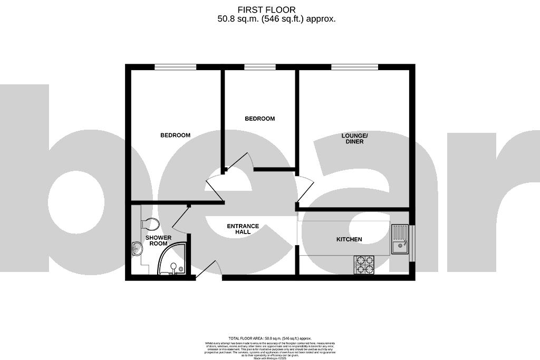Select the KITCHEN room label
point(349,239)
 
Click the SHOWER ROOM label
point(159,240)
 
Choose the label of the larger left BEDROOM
point(175,135)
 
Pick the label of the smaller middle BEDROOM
point(259,119)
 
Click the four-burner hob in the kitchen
point(364,265)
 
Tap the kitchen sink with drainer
point(400,238)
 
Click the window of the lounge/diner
point(354,67)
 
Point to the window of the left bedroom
point(175,67)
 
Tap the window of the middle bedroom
point(259,67)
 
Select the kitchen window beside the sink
point(412,242)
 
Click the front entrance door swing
point(208,269)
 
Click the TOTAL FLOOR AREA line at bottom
point(269,338)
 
